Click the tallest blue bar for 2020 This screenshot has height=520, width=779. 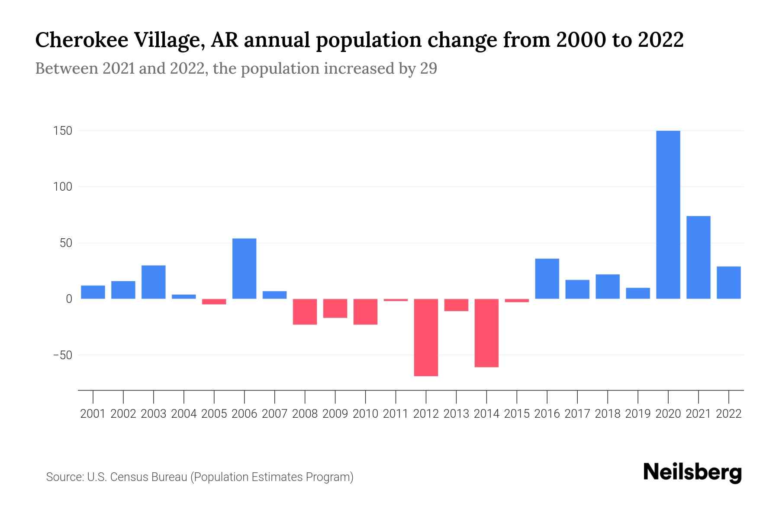click(668, 214)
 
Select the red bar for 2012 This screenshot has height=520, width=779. click(426, 337)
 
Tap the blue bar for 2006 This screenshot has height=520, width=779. click(244, 269)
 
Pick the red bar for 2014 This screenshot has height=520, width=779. click(486, 333)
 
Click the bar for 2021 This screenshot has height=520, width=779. click(698, 257)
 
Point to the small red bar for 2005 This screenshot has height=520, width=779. click(214, 302)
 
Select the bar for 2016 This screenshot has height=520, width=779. click(547, 279)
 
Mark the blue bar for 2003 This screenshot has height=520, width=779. click(153, 282)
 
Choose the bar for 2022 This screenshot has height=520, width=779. click(728, 283)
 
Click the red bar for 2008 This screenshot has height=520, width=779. click(305, 312)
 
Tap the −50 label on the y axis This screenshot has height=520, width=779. click(62, 355)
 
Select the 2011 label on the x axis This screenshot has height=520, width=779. click(396, 414)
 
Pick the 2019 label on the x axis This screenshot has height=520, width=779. click(638, 414)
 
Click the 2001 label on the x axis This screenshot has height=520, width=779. click(93, 414)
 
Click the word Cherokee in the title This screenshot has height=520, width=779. click(81, 40)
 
